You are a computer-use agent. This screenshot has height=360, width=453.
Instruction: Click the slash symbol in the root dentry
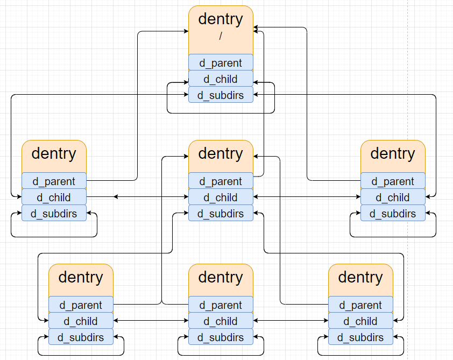pyautogui.click(x=221, y=37)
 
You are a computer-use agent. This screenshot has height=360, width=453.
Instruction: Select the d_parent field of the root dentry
pyautogui.click(x=221, y=62)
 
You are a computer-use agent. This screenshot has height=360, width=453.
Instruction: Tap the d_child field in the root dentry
pyautogui.click(x=221, y=79)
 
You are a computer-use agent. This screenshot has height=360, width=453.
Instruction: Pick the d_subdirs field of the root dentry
pyautogui.click(x=221, y=95)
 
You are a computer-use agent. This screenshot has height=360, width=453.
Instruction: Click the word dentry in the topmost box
pyautogui.click(x=221, y=19)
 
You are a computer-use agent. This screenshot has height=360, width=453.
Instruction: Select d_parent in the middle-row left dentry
pyautogui.click(x=54, y=181)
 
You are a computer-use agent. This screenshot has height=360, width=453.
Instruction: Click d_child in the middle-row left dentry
pyautogui.click(x=54, y=197)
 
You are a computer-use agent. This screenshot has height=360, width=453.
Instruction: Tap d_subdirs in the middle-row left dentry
pyautogui.click(x=54, y=213)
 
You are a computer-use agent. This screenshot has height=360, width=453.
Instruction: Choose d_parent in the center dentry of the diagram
pyautogui.click(x=221, y=181)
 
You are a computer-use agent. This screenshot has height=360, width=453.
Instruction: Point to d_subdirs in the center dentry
pyautogui.click(x=221, y=213)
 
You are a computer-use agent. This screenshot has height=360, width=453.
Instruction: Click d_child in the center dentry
pyautogui.click(x=221, y=197)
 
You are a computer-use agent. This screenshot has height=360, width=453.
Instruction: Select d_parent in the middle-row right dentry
pyautogui.click(x=393, y=181)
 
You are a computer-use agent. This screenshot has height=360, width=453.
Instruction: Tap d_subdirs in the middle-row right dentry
pyautogui.click(x=393, y=213)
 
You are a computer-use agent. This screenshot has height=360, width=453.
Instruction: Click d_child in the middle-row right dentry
pyautogui.click(x=393, y=197)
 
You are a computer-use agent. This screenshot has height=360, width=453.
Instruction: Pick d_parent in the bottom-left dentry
pyautogui.click(x=81, y=305)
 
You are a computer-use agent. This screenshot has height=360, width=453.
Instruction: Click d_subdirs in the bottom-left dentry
pyautogui.click(x=81, y=337)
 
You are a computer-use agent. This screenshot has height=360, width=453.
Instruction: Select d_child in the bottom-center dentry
pyautogui.click(x=221, y=321)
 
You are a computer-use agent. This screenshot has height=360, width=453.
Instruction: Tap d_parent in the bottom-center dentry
pyautogui.click(x=221, y=305)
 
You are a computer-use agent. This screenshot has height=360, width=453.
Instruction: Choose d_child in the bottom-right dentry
pyautogui.click(x=360, y=321)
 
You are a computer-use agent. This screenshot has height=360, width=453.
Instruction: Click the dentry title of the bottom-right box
pyautogui.click(x=360, y=278)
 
